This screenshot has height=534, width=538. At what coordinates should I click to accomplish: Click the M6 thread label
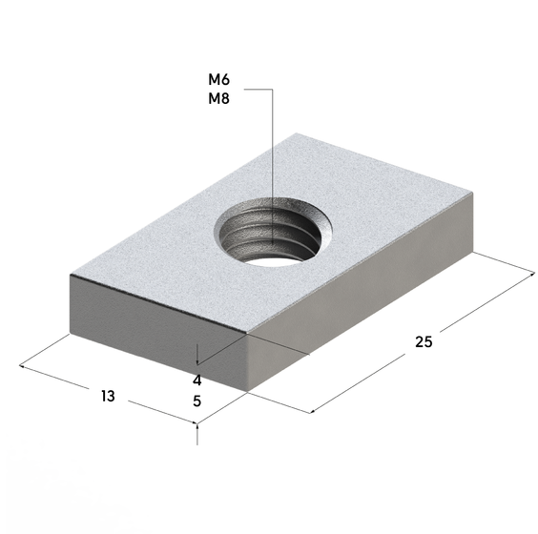[x=218, y=80]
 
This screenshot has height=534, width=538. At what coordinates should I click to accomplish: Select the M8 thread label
[x=218, y=99]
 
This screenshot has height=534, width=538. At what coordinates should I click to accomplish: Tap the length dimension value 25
[x=424, y=342]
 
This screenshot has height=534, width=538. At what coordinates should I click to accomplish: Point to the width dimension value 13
[x=108, y=396]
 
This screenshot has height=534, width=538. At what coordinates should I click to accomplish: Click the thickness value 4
[x=197, y=380]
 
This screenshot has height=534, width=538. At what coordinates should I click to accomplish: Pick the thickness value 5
[x=197, y=400]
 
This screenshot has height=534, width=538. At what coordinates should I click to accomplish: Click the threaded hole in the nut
[x=274, y=232]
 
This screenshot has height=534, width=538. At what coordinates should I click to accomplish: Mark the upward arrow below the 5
[x=197, y=434]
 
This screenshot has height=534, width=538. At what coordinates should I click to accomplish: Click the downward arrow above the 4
[x=197, y=355]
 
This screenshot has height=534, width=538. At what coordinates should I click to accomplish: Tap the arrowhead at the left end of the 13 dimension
[x=21, y=366]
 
